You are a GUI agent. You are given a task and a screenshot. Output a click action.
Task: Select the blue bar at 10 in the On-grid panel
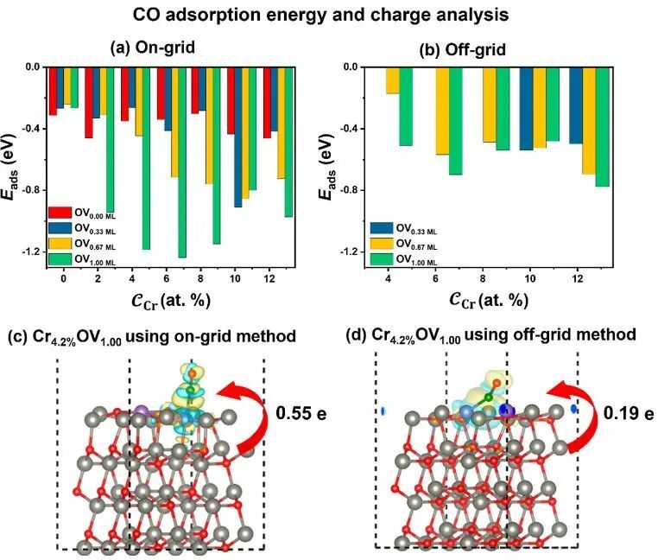(x=237, y=138)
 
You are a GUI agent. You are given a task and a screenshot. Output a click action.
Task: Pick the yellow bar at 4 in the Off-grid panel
(x=393, y=80)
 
